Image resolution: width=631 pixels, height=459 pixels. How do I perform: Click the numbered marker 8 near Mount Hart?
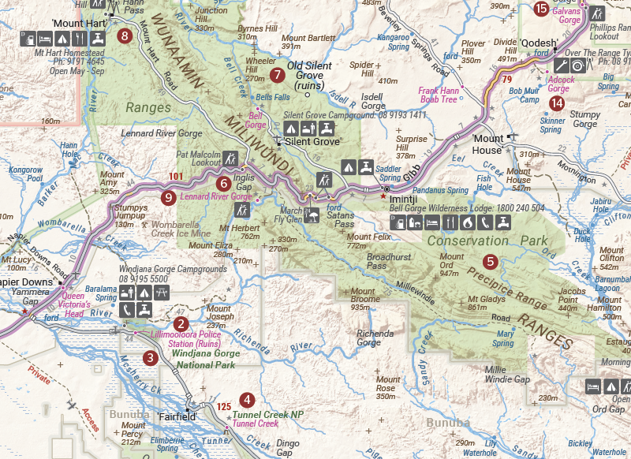124,35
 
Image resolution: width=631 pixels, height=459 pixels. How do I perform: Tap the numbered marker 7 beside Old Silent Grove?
276,76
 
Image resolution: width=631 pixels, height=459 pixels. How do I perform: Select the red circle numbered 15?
540,9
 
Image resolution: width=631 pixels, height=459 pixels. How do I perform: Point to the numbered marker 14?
558,103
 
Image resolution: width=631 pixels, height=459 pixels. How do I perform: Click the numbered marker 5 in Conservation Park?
490,261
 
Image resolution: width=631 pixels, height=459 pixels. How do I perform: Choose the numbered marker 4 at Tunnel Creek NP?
248,400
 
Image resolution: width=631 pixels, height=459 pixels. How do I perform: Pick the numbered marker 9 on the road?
167,198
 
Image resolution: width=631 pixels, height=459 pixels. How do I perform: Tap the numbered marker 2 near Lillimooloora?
181,323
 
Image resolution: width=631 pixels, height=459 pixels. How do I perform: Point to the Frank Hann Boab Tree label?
438,95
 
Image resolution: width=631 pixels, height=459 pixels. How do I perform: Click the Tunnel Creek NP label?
268,413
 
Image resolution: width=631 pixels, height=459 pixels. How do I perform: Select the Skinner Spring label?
552,125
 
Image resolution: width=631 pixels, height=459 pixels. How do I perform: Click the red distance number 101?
176,175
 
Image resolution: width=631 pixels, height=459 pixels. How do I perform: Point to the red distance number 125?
222,406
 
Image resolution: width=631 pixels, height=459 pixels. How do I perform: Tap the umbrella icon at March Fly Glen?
312,213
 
